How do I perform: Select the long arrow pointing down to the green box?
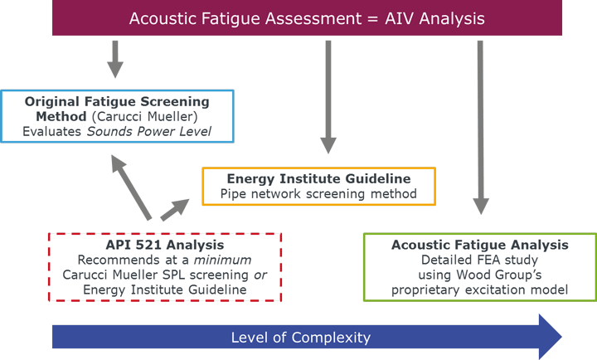pos(479,124)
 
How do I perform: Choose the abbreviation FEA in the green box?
pos(478,260)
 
